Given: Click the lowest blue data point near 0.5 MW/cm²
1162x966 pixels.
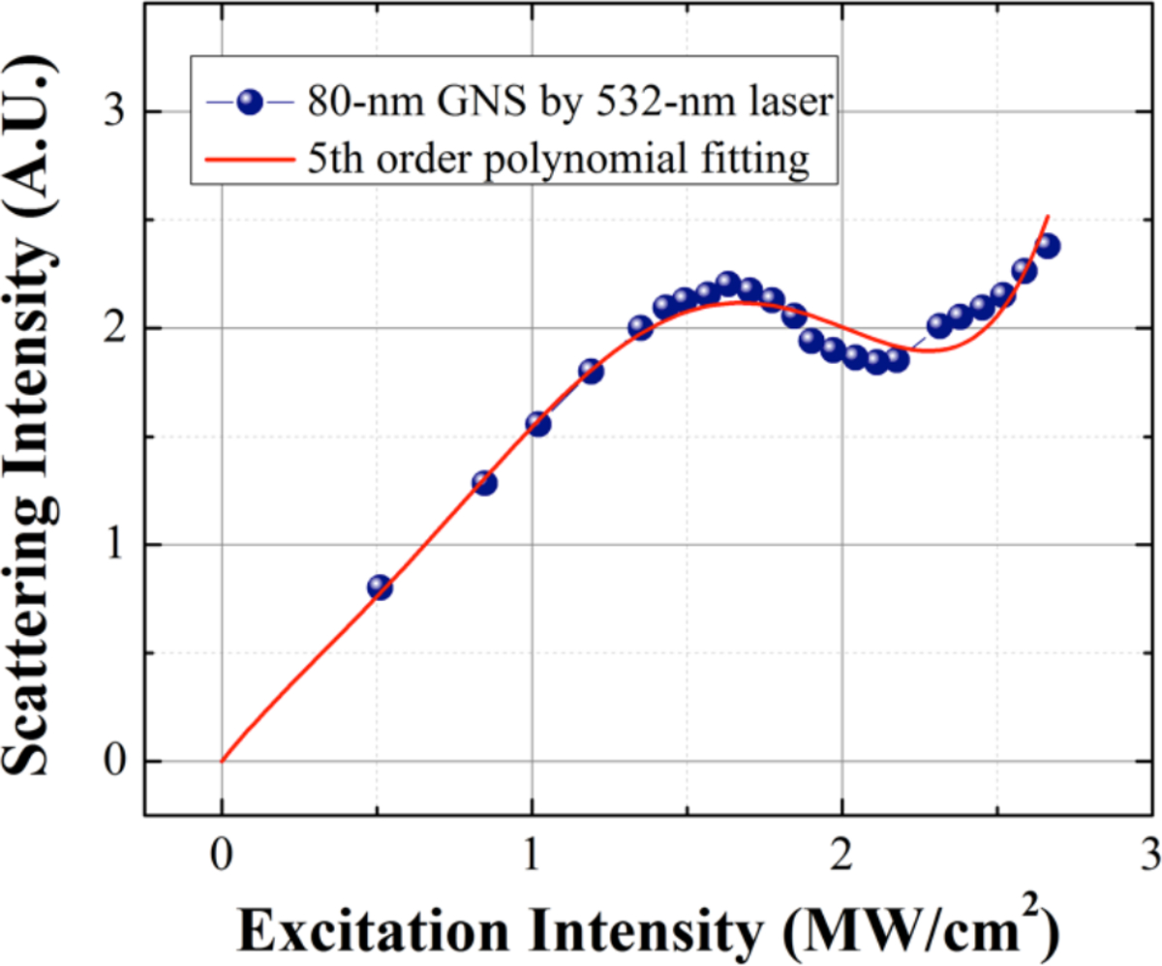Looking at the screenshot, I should tap(380, 588).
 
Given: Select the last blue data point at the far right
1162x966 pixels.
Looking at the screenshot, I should tap(1048, 246).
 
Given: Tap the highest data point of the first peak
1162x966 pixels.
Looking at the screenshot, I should tap(728, 283).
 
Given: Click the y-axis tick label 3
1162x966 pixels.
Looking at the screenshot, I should tap(115, 112).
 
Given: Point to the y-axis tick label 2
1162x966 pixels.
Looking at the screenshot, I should tap(115, 329).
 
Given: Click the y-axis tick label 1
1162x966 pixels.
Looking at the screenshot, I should tap(115, 545).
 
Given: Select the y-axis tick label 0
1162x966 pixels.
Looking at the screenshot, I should tap(115, 762).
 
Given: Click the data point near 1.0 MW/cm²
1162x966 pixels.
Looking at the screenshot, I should tap(538, 424).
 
